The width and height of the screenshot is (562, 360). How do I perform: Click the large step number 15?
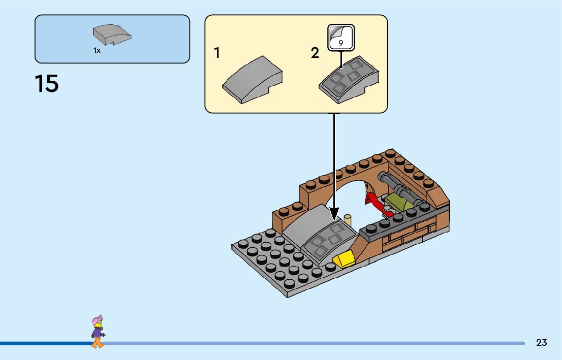click(47, 84)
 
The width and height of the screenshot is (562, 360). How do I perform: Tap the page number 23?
click(541, 343)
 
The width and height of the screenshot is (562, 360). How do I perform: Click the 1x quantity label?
click(97, 50)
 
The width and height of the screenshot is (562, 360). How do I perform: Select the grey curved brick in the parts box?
click(112, 35)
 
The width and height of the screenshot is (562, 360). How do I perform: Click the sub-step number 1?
click(217, 53)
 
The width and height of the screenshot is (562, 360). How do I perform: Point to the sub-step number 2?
click(315, 53)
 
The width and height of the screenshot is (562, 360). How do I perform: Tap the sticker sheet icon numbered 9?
click(340, 37)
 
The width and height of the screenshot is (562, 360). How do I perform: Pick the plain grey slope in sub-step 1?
click(253, 80)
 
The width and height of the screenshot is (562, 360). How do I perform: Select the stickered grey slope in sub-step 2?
click(349, 80)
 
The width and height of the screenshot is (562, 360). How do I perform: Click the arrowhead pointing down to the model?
click(334, 212)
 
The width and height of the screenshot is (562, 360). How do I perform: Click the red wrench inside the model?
click(377, 203)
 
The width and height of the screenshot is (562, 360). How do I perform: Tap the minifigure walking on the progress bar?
click(98, 333)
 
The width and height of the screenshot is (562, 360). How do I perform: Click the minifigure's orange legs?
click(98, 343)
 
